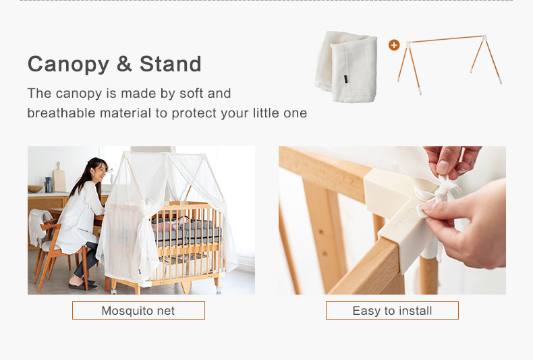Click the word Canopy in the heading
[68, 65]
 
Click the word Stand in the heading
[170, 64]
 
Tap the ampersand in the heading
[124, 64]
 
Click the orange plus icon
[394, 44]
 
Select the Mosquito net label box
[138, 310]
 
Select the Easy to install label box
[392, 310]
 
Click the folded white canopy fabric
[347, 67]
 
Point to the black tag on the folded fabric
[345, 79]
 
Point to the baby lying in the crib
[170, 223]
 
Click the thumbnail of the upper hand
[443, 167]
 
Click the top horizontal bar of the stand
[447, 38]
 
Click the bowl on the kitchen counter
[35, 189]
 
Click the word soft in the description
[190, 94]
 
